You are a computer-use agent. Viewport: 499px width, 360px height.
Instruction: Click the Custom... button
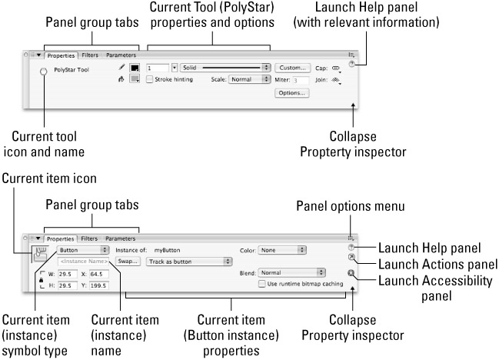[294, 68]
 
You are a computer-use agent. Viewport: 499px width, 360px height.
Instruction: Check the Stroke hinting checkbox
[149, 79]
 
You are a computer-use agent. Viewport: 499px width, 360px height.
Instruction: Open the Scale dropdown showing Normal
[250, 79]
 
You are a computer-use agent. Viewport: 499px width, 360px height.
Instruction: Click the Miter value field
[300, 79]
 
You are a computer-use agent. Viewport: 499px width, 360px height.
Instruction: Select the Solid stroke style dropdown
[225, 68]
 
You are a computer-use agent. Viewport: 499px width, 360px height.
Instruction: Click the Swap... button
[128, 261]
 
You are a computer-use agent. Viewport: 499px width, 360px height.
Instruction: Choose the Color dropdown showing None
[282, 249]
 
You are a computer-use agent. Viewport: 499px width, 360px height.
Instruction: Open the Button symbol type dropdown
[82, 249]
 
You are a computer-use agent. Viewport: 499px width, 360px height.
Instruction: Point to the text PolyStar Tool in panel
[74, 69]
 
